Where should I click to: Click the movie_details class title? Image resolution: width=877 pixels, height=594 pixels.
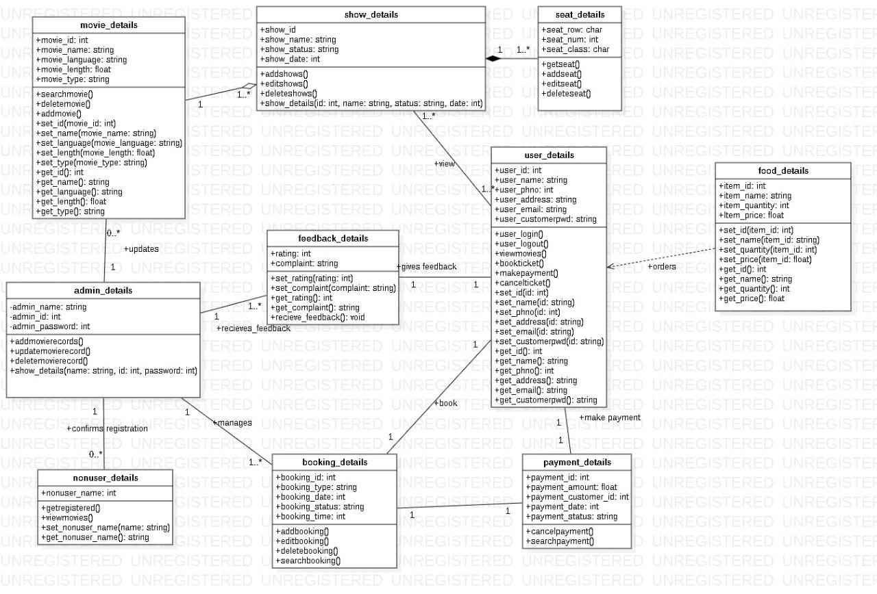tap(109, 25)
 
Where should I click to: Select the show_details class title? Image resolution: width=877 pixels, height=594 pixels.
tap(371, 15)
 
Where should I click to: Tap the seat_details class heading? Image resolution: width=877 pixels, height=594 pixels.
tap(580, 15)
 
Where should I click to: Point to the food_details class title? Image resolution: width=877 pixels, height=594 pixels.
tap(783, 171)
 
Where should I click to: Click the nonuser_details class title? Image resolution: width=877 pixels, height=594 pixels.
tap(105, 478)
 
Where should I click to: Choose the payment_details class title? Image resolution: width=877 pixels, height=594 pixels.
tap(577, 463)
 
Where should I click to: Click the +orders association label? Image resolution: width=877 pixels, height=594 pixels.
tap(662, 267)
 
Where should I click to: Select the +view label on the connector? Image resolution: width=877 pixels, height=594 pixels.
tap(445, 164)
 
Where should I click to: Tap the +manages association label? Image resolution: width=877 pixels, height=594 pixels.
tap(232, 423)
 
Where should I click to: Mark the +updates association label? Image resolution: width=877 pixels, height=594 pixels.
tap(141, 249)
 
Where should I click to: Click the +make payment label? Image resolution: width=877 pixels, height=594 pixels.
tap(610, 417)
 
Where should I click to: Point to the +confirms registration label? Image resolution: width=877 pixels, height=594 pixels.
tap(107, 429)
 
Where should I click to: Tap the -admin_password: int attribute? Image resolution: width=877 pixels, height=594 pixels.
tap(49, 327)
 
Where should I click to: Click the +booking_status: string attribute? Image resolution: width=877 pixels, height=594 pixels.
tap(319, 507)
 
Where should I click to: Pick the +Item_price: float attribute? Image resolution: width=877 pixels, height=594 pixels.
tap(751, 216)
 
